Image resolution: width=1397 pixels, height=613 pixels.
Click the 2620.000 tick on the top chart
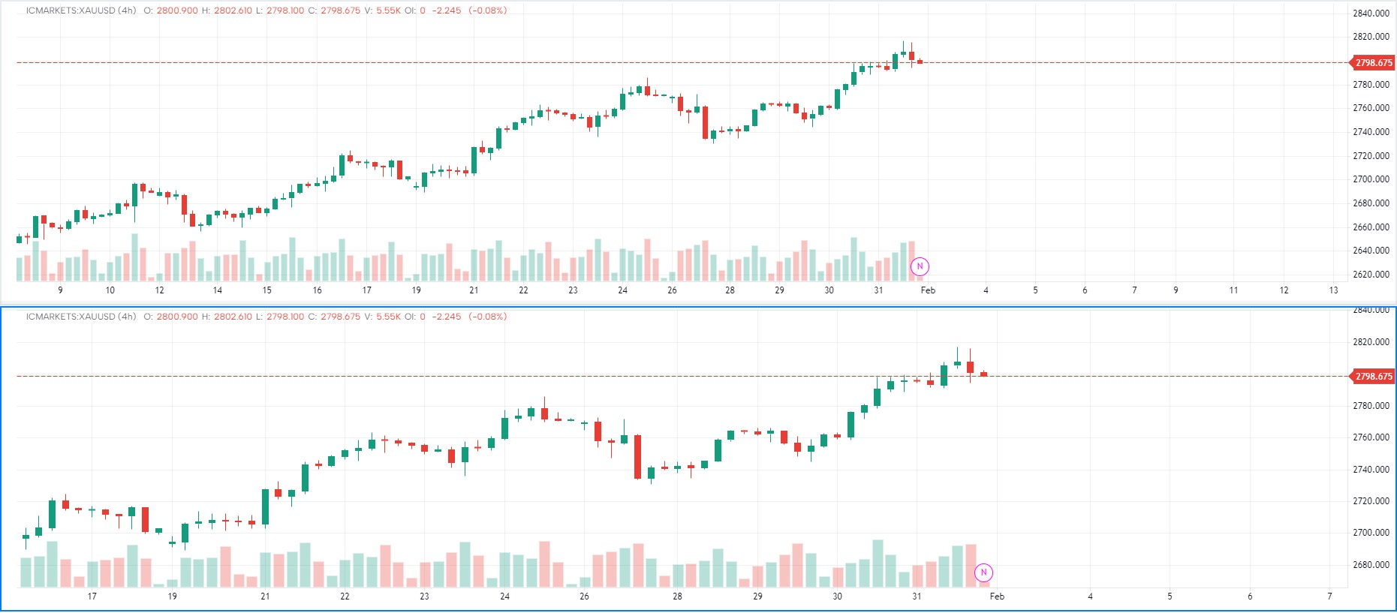[1371, 275]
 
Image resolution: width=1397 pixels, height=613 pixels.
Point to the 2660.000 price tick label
[1371, 227]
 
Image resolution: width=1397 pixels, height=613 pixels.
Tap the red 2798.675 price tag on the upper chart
[1373, 63]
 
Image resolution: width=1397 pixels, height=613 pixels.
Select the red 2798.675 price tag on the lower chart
[1373, 377]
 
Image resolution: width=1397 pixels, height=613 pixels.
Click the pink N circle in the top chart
[920, 266]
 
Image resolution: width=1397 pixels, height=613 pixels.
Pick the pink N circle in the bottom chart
[983, 572]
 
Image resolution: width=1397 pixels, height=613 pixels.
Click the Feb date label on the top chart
[928, 290]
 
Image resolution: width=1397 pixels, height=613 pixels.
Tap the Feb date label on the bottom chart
[997, 596]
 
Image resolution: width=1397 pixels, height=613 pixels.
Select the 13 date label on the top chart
[1333, 290]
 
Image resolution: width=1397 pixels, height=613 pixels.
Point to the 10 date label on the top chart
[110, 290]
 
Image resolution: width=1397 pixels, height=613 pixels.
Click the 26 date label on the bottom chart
[584, 596]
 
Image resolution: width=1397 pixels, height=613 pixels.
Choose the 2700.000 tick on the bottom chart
[1371, 533]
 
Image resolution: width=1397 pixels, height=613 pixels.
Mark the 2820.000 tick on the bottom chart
[1371, 342]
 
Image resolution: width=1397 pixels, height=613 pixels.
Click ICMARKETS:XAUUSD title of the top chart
[71, 11]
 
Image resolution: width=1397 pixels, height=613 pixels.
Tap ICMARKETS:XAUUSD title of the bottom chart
[71, 317]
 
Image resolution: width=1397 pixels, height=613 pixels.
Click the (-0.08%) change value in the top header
[487, 11]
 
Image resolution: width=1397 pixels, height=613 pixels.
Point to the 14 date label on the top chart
[218, 290]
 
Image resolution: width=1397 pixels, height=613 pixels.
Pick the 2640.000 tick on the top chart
[1371, 251]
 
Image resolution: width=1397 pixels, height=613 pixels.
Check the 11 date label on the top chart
[1233, 290]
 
